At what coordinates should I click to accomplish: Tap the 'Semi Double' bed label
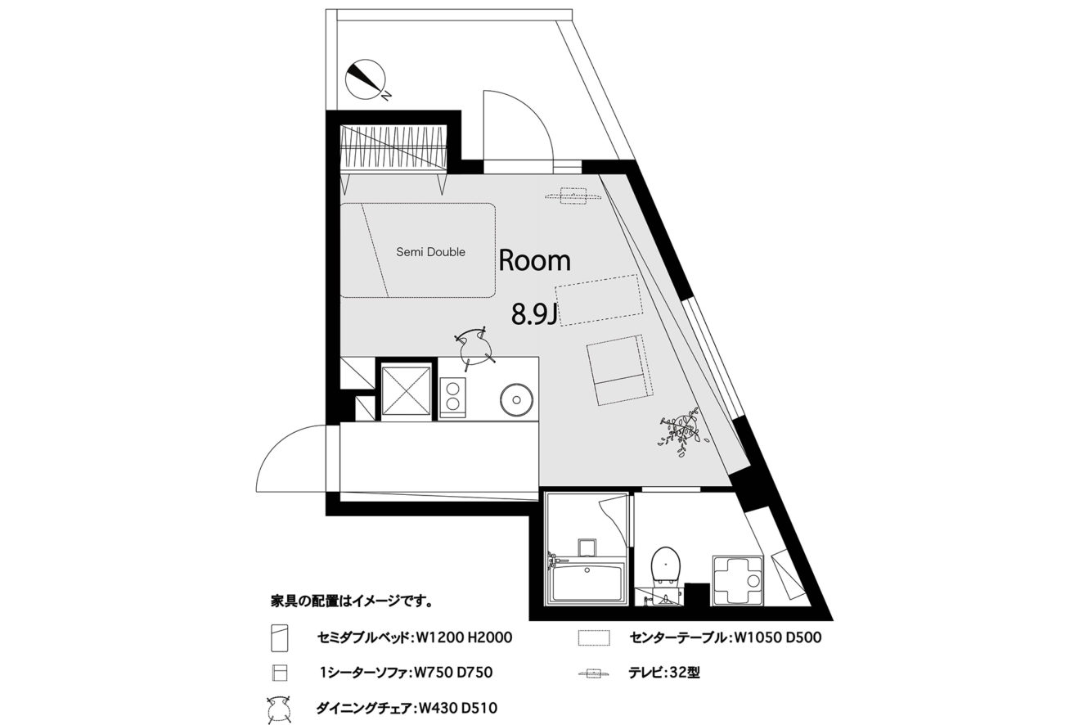click(x=430, y=252)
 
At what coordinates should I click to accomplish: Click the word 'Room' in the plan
click(x=535, y=260)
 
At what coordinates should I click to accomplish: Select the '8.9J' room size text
click(x=534, y=314)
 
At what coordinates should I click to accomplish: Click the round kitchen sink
click(x=516, y=400)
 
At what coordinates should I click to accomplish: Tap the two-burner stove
click(x=452, y=397)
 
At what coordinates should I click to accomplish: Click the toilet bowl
click(x=665, y=567)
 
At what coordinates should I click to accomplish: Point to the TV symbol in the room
click(x=573, y=197)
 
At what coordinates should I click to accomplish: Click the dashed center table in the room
click(x=599, y=300)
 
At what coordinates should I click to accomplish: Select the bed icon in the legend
click(x=279, y=637)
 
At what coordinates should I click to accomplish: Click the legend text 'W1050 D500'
click(x=778, y=637)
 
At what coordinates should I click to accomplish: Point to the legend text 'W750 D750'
click(x=452, y=673)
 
